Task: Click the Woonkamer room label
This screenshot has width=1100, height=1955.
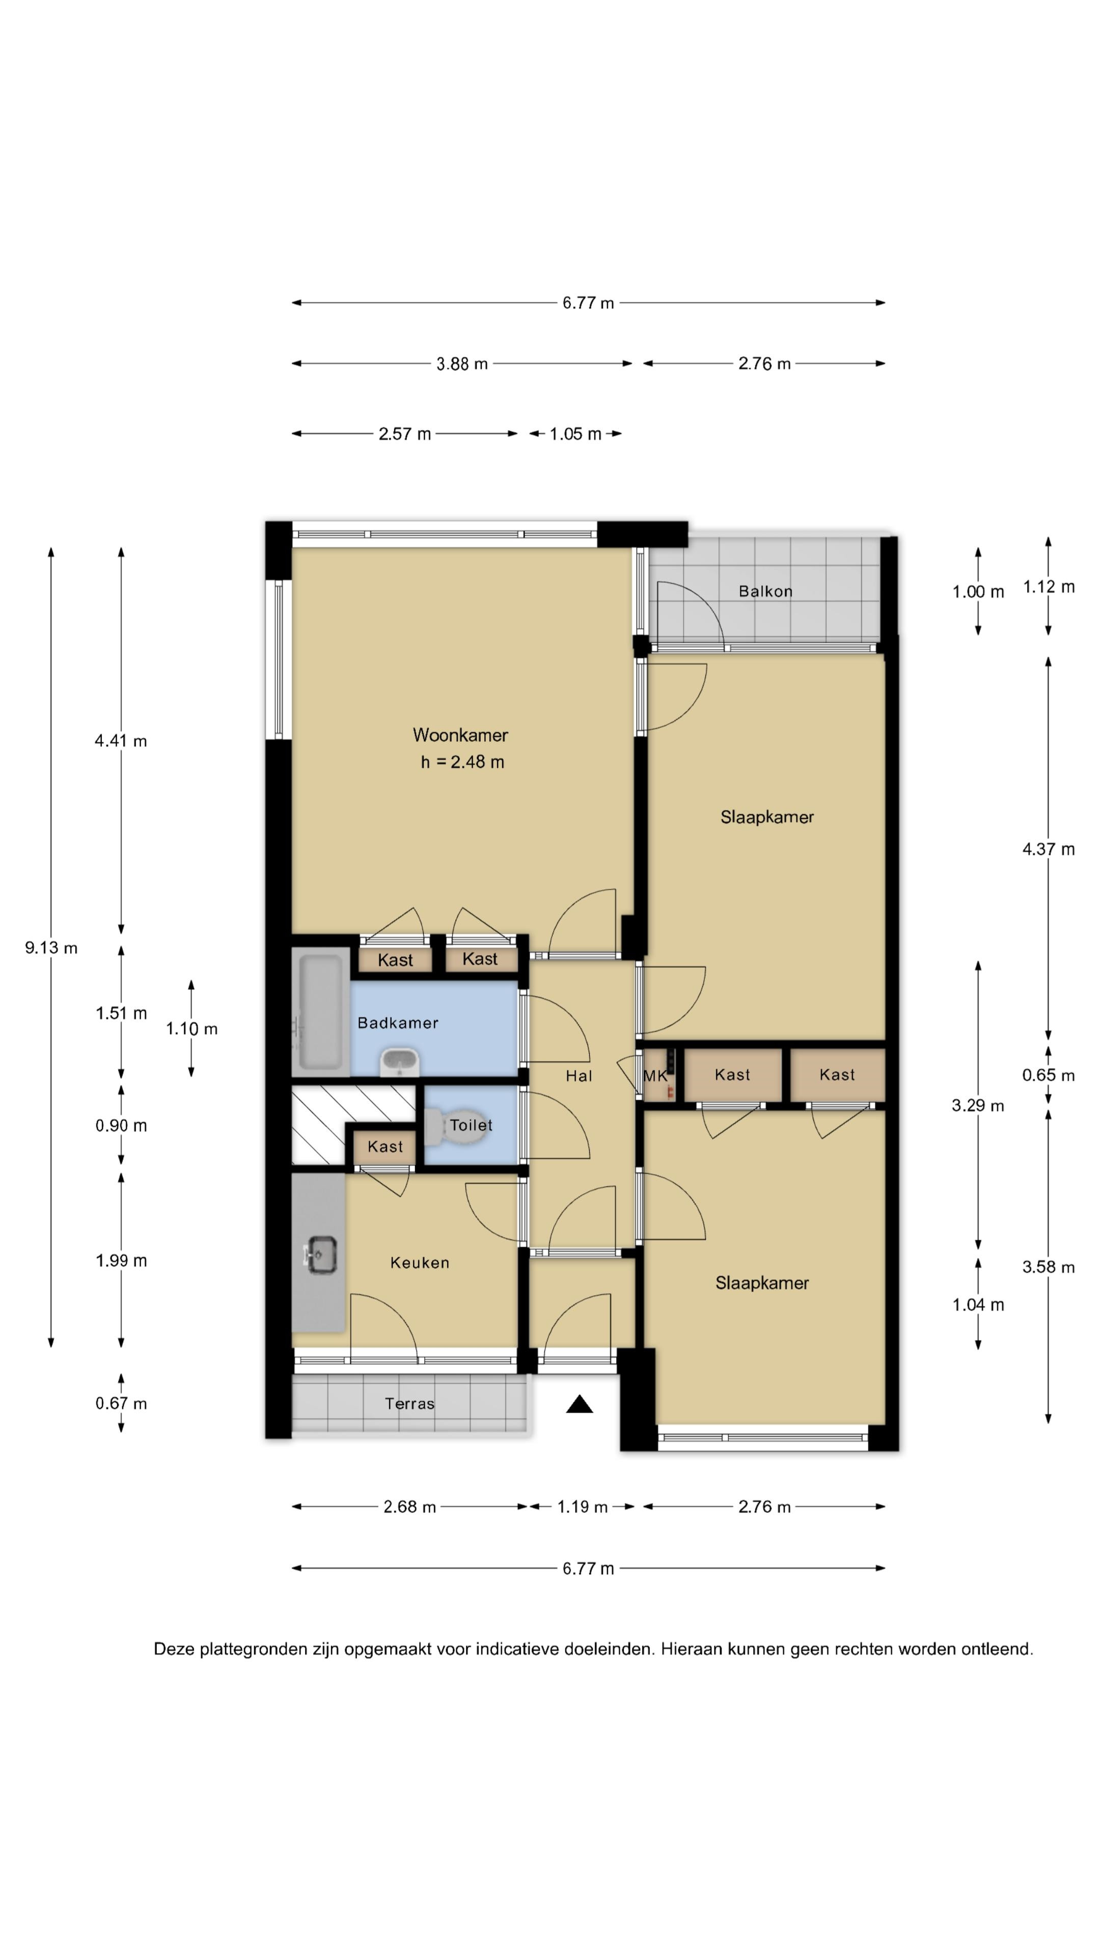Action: point(460,735)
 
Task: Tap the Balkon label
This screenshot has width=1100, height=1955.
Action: point(765,591)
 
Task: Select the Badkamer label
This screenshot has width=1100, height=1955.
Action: point(398,1023)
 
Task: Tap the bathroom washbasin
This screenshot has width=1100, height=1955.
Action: point(399,1061)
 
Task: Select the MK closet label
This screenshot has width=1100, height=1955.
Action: point(655,1075)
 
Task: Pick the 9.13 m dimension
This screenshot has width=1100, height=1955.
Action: point(51,947)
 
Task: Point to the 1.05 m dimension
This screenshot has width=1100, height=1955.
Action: point(575,434)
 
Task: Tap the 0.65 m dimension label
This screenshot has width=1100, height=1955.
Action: point(1049,1075)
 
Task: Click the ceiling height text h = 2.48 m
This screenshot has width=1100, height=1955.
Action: point(462,762)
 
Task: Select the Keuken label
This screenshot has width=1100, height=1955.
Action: point(420,1263)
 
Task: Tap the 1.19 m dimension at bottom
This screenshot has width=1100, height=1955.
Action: point(582,1507)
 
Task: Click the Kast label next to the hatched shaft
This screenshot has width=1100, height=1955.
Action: point(385,1147)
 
